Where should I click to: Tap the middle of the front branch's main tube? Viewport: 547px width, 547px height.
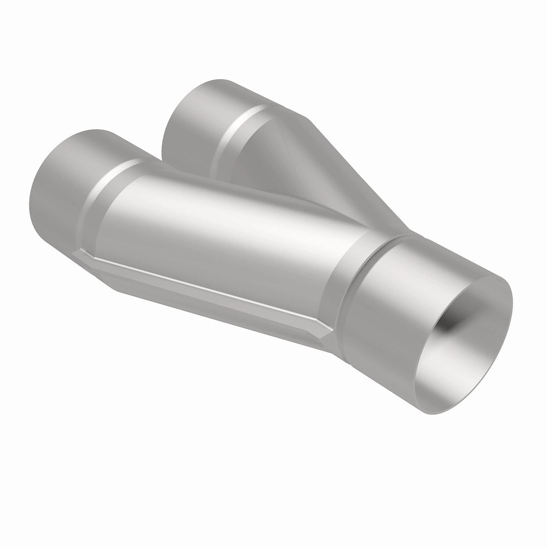[223, 228]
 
